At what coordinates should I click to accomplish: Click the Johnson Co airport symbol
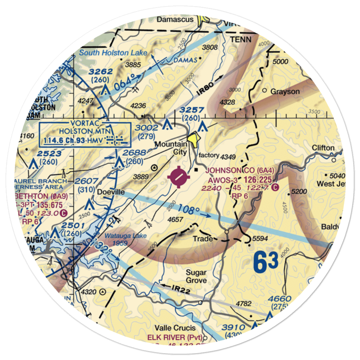pos(179,177)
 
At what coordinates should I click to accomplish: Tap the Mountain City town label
pos(171,148)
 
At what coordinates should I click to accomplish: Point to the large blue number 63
pos(266,262)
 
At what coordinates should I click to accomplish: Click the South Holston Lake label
pos(113,53)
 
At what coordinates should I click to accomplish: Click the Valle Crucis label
pos(175,328)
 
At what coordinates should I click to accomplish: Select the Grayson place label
pos(285,91)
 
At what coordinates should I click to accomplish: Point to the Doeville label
pos(111,192)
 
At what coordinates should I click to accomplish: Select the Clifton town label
pos(323,148)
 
